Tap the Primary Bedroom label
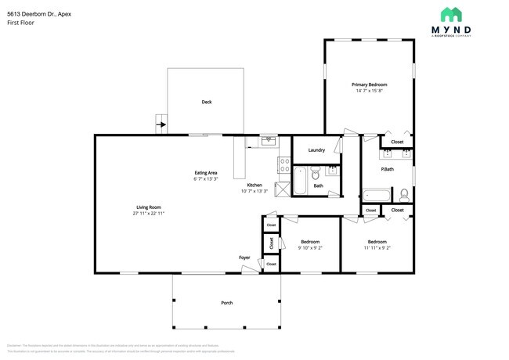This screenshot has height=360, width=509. [x=369, y=85]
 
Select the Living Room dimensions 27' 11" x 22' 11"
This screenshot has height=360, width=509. [x=148, y=213]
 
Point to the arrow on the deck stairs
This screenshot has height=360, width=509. [x=162, y=124]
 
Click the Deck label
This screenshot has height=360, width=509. [x=207, y=102]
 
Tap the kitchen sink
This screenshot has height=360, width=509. [x=268, y=141]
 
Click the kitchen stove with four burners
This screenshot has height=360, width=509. [x=282, y=164]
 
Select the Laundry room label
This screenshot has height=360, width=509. [x=316, y=150]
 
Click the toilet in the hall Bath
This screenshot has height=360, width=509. [x=315, y=174]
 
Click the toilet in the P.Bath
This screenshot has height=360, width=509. [x=403, y=194]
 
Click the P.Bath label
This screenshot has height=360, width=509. [x=387, y=169]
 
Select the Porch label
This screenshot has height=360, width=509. [x=226, y=303]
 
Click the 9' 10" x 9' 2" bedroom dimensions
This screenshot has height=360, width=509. [x=310, y=248]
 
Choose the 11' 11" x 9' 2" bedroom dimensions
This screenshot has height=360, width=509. [x=377, y=248]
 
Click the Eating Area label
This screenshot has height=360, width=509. [x=206, y=172]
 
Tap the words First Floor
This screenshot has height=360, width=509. [x=20, y=23]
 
